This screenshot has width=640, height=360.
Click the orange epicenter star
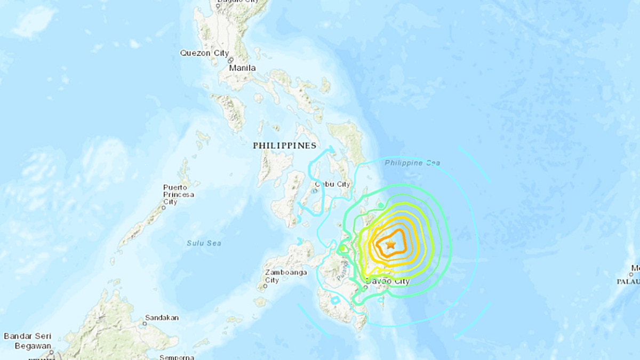pos(390,245)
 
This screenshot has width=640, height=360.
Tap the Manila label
pos(242,68)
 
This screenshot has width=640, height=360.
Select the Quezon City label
pos(204,53)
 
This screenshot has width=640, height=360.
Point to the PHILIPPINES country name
pos(284,145)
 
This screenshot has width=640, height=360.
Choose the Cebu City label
pos(333,185)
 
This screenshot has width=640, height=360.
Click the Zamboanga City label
pos(286,276)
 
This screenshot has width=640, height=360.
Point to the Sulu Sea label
pos(204,243)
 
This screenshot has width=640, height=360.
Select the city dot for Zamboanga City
pos(266,286)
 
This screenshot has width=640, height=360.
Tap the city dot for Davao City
pos(365,289)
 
